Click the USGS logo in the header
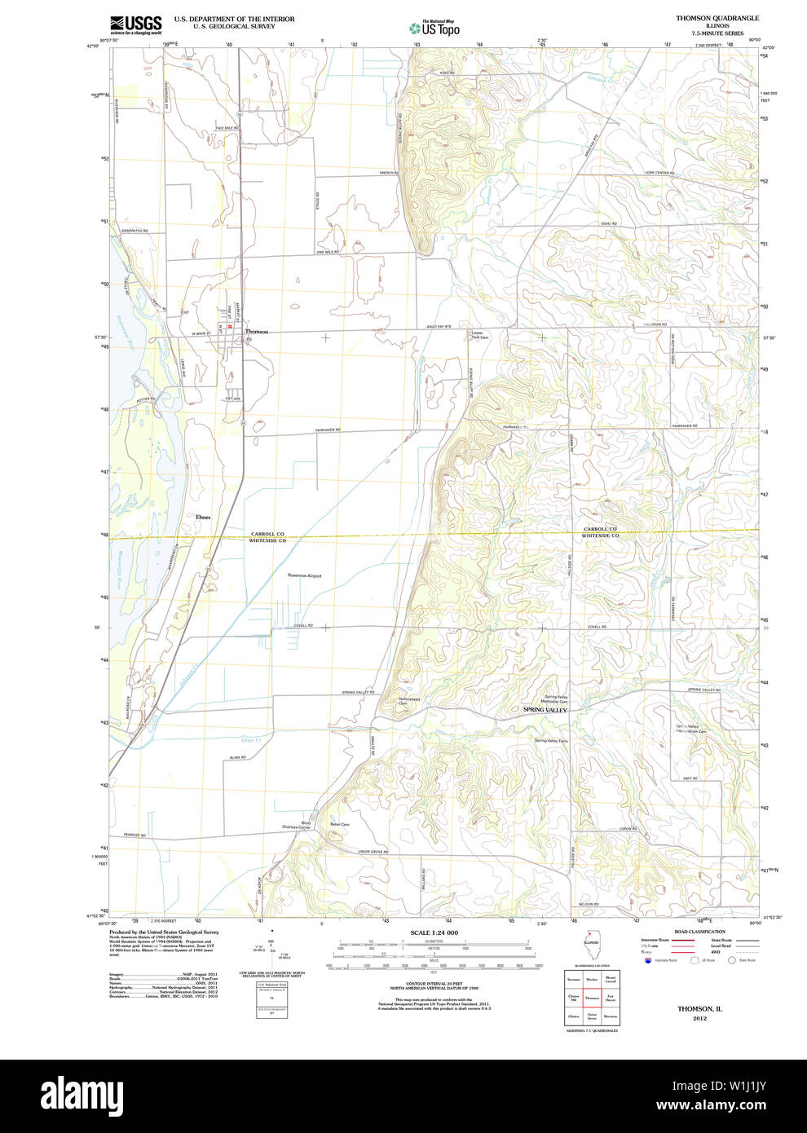pyautogui.click(x=136, y=24)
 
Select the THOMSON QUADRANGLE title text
pyautogui.click(x=717, y=18)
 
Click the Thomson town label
pyautogui.click(x=257, y=332)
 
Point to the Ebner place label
pyautogui.click(x=203, y=517)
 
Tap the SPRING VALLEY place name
pyautogui.click(x=545, y=710)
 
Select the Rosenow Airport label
pyautogui.click(x=305, y=575)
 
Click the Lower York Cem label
pyautogui.click(x=479, y=335)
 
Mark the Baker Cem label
pyautogui.click(x=340, y=824)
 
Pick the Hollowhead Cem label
pyautogui.click(x=409, y=701)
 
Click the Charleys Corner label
pyautogui.click(x=297, y=826)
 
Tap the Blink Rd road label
pyautogui.click(x=237, y=757)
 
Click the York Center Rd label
pyautogui.click(x=658, y=173)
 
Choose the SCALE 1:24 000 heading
pyautogui.click(x=434, y=932)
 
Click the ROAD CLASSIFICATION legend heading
pyautogui.click(x=699, y=932)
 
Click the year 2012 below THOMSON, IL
pyautogui.click(x=699, y=1018)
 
